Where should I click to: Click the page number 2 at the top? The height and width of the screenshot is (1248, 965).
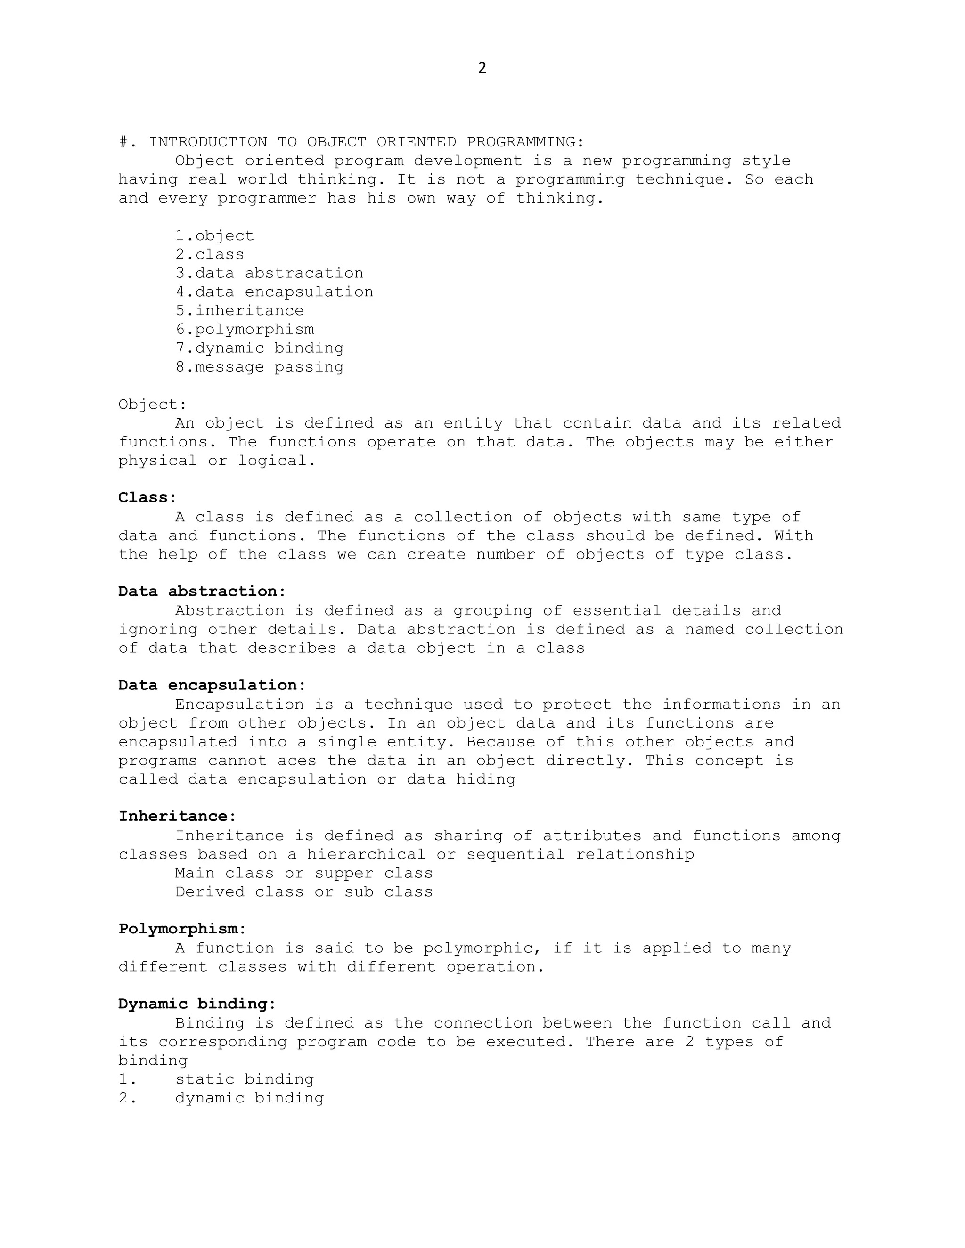point(482,68)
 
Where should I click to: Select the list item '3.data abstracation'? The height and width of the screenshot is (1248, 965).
point(269,273)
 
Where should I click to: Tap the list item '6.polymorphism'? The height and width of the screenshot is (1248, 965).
point(245,329)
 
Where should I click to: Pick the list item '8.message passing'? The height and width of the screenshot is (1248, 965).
point(260,367)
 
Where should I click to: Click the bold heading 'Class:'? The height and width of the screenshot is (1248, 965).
point(147,498)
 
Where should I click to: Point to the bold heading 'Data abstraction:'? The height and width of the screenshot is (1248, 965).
point(202,592)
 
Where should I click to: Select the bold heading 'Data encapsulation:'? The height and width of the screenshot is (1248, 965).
point(212,685)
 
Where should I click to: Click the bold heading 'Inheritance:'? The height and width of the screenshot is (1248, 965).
point(177,816)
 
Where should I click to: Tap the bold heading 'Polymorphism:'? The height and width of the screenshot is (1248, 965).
point(182,929)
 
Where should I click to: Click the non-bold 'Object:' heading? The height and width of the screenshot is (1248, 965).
point(153,405)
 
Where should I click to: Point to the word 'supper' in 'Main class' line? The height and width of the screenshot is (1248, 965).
point(343,873)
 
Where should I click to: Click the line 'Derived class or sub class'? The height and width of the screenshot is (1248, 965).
point(303,892)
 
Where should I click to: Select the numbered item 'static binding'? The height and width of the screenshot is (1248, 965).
point(244,1079)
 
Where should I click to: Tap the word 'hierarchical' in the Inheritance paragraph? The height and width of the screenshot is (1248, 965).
point(366,854)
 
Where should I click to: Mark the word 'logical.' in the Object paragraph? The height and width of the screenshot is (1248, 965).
point(277,461)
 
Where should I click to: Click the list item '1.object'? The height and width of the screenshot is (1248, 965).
point(214,235)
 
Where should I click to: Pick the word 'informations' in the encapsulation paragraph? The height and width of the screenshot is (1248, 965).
point(721,704)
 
